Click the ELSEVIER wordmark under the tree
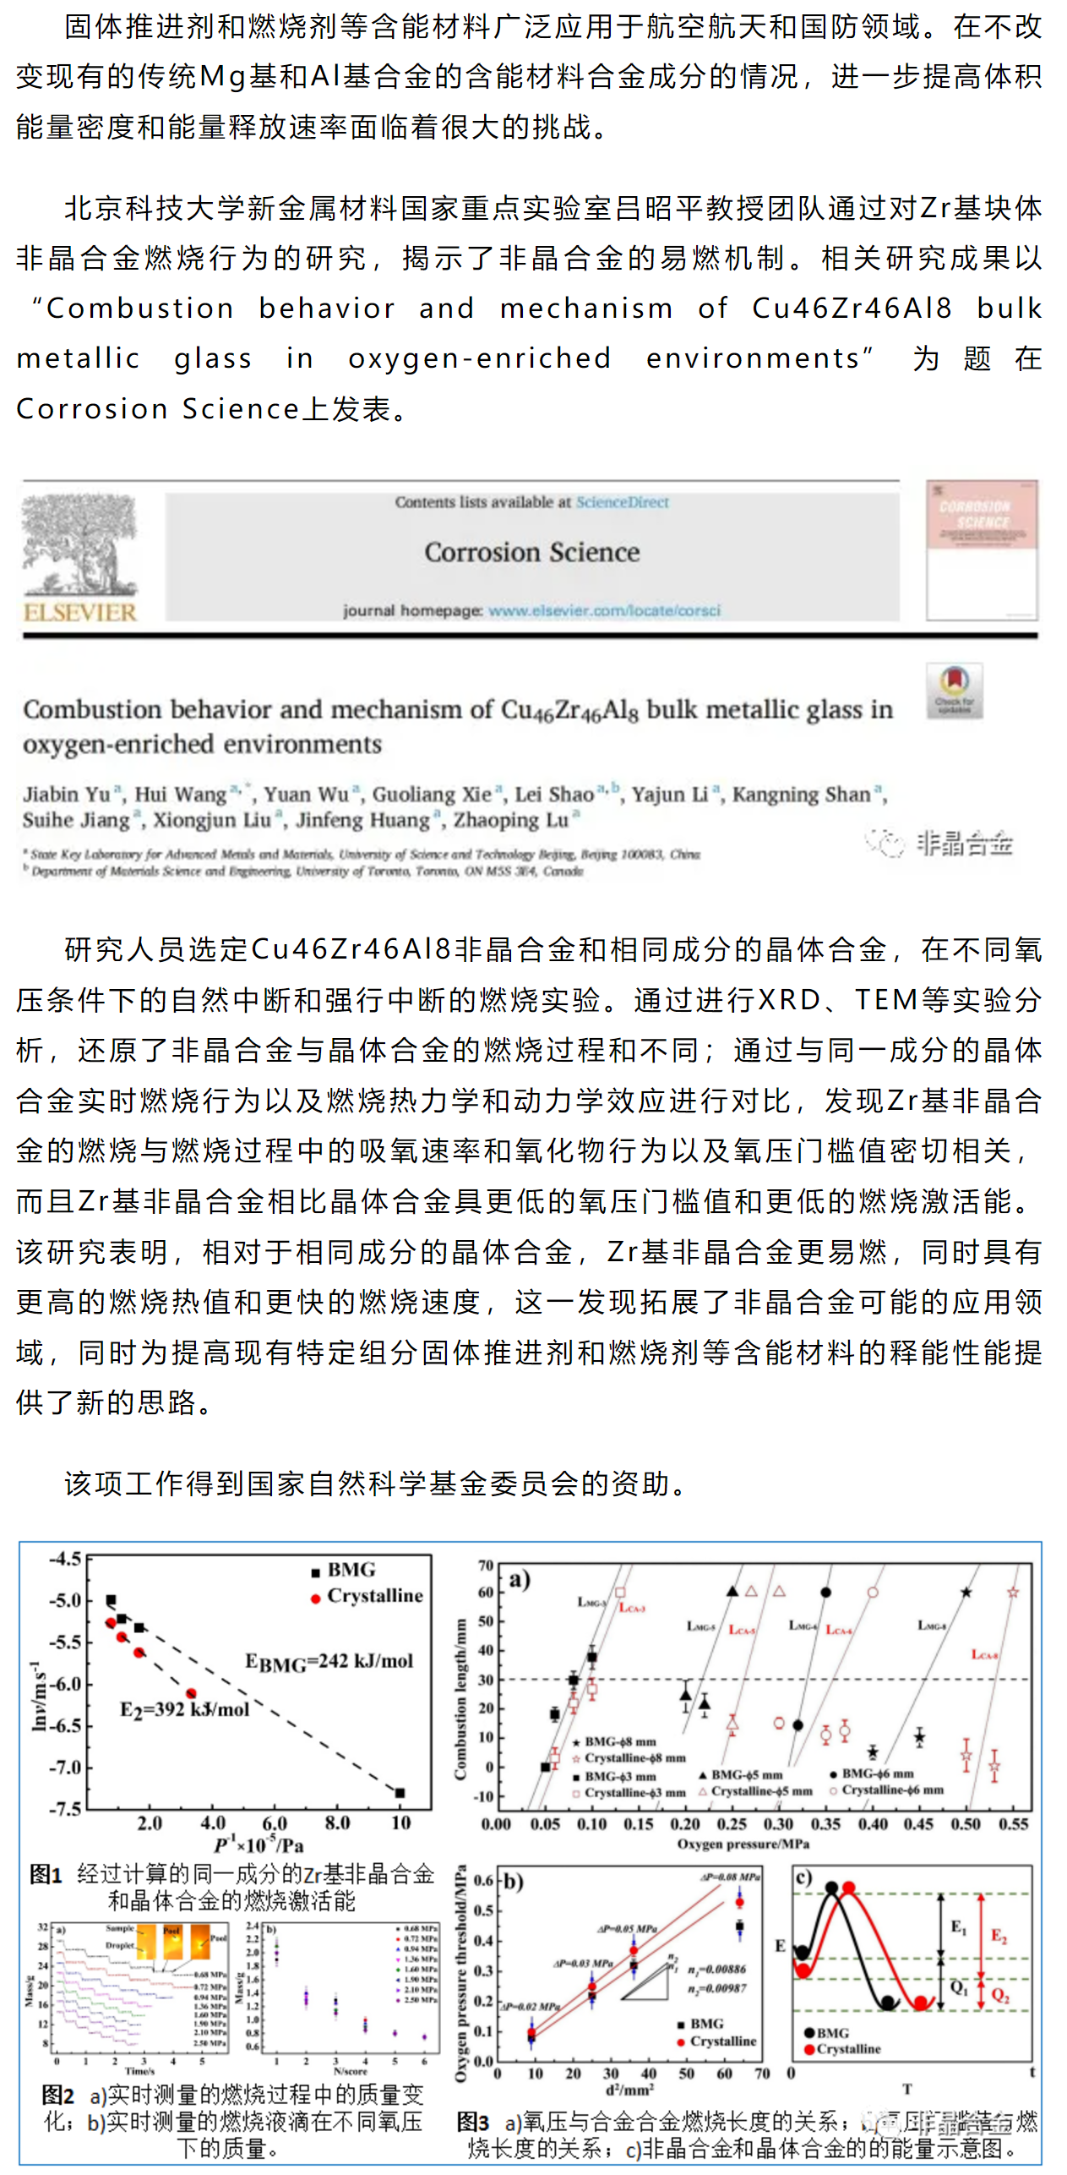(80, 611)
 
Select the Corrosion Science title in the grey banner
(531, 553)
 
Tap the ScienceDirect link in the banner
(622, 502)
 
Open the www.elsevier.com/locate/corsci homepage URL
(604, 610)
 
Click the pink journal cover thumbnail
(981, 550)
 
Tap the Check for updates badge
(954, 690)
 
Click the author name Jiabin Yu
(67, 795)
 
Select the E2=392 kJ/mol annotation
(184, 1710)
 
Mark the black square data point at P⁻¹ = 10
(400, 1793)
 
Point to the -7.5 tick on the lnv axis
(65, 1810)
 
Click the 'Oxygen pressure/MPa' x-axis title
(743, 1844)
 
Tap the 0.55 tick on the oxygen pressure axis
(1013, 1824)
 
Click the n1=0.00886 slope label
(716, 1970)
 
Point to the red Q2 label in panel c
(1000, 1996)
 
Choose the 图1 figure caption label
(46, 1874)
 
